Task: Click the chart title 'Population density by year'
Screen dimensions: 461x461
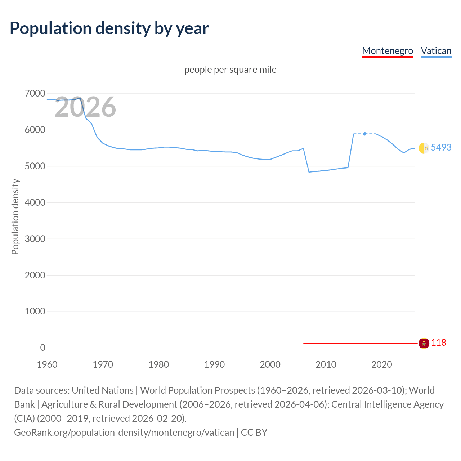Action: (109, 28)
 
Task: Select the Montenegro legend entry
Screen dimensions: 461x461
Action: (388, 51)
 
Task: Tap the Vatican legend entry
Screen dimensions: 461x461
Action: (436, 51)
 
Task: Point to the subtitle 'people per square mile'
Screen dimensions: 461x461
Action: (230, 70)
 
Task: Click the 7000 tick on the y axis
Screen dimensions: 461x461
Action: (35, 94)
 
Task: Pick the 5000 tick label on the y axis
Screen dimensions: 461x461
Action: (35, 166)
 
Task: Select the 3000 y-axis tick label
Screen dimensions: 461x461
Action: (35, 239)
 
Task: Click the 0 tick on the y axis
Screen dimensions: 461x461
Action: (42, 348)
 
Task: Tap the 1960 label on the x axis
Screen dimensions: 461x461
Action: (47, 364)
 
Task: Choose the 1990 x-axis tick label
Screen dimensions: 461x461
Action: (214, 364)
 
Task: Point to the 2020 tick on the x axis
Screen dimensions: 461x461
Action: (381, 364)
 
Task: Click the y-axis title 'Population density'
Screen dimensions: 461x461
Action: (15, 217)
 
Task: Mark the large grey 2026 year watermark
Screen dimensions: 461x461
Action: (85, 107)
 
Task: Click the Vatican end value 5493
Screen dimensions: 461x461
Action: (441, 147)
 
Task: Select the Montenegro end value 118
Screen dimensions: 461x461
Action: (438, 343)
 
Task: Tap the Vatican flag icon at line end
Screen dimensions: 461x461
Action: (424, 148)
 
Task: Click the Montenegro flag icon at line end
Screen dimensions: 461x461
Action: (424, 343)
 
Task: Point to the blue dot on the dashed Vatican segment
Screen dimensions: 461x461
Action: (365, 134)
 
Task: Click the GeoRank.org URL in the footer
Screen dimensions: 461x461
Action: (124, 432)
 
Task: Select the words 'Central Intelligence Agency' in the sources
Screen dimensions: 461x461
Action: (387, 404)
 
